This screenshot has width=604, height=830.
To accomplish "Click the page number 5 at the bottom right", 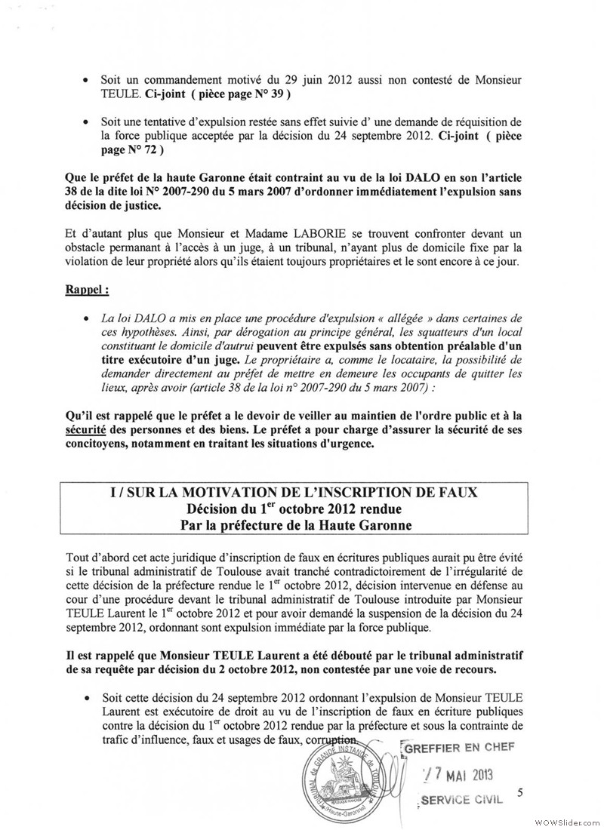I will [520, 792].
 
